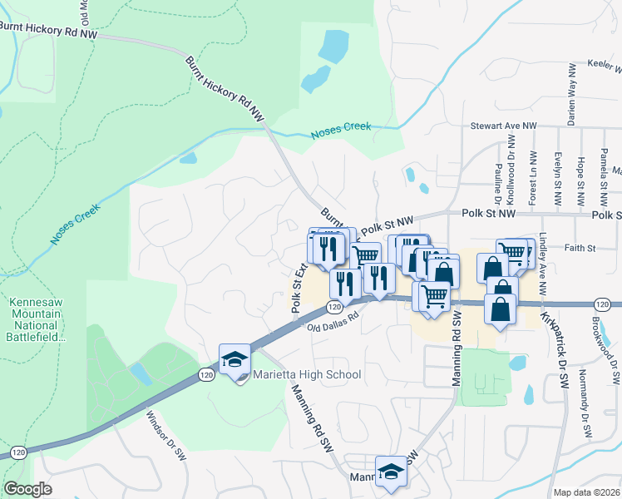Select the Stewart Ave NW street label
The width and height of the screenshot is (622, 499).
(x=504, y=126)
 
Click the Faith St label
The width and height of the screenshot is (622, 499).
(x=581, y=248)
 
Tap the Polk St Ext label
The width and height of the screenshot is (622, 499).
(x=297, y=287)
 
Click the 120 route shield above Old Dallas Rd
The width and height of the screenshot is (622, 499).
(x=332, y=307)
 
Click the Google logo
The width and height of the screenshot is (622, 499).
(x=27, y=489)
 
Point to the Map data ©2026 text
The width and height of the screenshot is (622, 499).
(x=586, y=492)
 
